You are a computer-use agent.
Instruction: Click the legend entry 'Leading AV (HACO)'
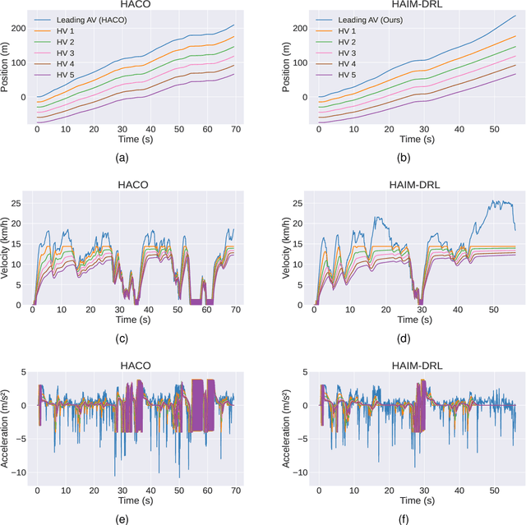(91, 18)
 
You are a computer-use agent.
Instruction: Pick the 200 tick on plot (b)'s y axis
(302, 29)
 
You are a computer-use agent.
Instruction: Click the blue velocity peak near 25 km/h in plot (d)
(495, 200)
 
